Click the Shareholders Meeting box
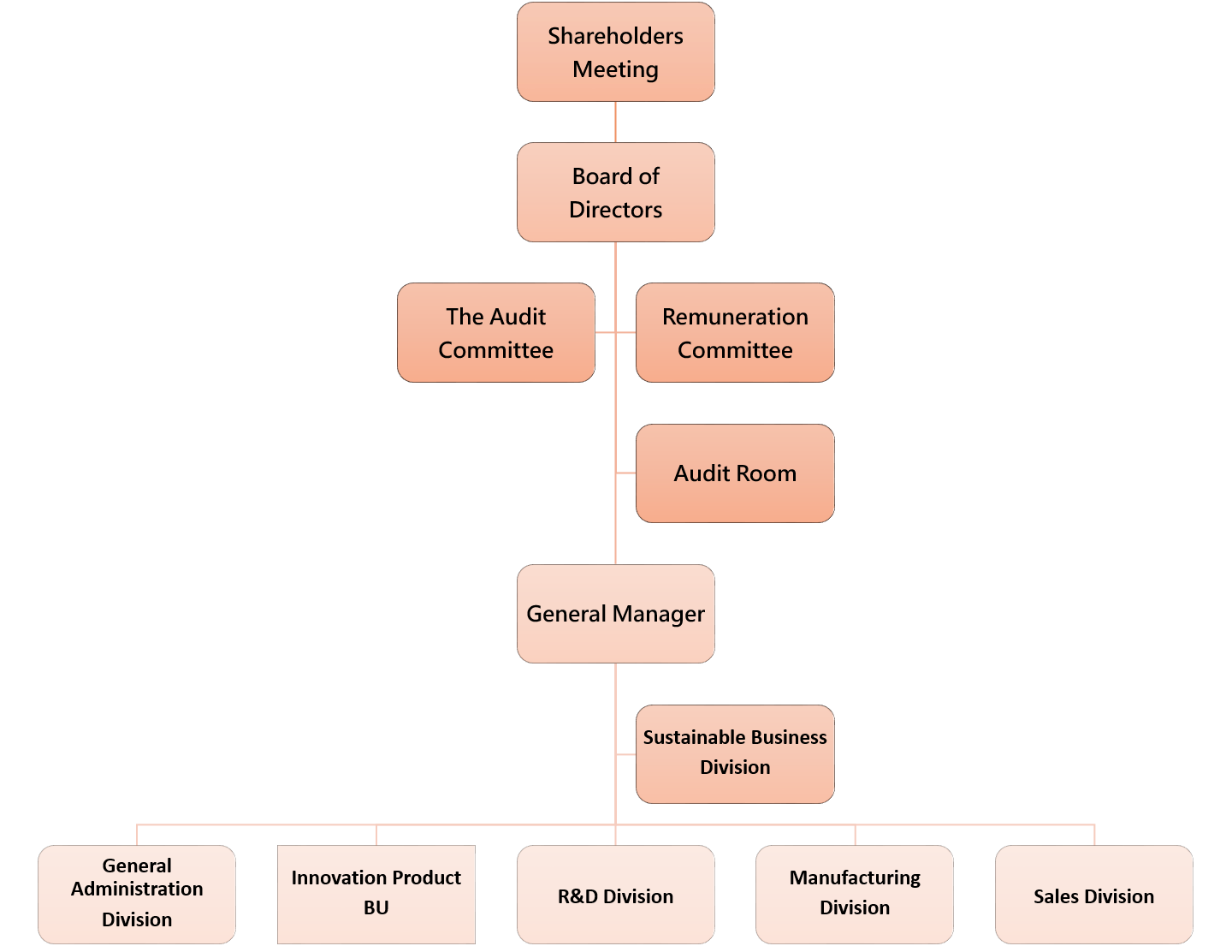pyautogui.click(x=615, y=52)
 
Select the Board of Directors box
pyautogui.click(x=615, y=193)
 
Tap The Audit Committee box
pyautogui.click(x=495, y=333)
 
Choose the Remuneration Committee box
pyautogui.click(x=735, y=333)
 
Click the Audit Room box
pyautogui.click(x=735, y=473)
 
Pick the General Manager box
pyautogui.click(x=615, y=614)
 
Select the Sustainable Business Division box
pyautogui.click(x=735, y=753)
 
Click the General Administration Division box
pyautogui.click(x=137, y=894)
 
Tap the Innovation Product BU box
pyautogui.click(x=376, y=894)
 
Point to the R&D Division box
pyautogui.click(x=615, y=895)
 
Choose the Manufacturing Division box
pyautogui.click(x=855, y=894)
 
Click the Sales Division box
pyautogui.click(x=1093, y=895)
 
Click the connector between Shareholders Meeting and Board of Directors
pyautogui.click(x=615, y=122)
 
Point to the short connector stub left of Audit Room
pyautogui.click(x=626, y=473)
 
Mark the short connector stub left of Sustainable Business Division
pyautogui.click(x=626, y=754)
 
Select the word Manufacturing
pyautogui.click(x=855, y=878)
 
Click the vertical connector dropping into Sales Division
pyautogui.click(x=1094, y=835)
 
